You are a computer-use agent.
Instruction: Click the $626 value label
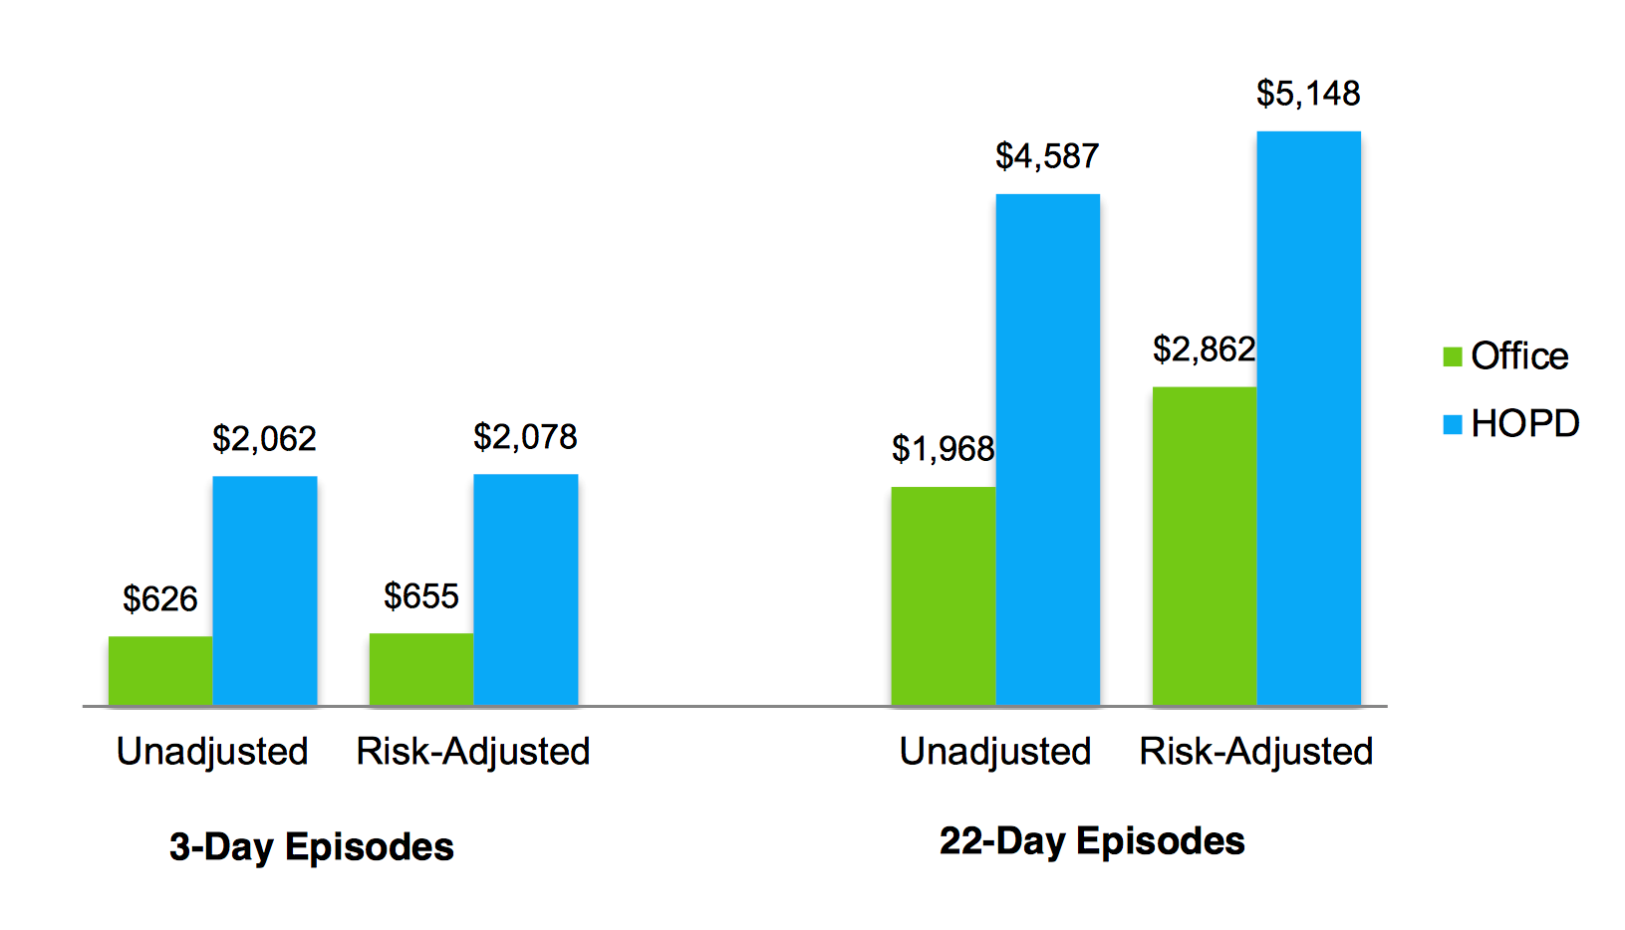pos(160,599)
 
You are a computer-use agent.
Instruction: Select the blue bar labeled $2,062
pos(265,590)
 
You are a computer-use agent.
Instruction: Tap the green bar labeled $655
pos(421,669)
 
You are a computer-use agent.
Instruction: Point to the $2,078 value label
pos(525,437)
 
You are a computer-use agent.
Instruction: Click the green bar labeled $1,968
pos(944,595)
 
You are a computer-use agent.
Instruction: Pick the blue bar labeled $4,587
pos(1048,449)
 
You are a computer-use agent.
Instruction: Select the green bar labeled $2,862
pos(1205,546)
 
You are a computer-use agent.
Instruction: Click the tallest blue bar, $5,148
pos(1308,418)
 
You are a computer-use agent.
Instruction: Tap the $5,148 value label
pos(1308,94)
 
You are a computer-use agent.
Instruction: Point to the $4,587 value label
pos(1047,156)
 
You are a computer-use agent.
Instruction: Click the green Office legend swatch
pos(1453,356)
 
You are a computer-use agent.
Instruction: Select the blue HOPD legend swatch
pos(1453,425)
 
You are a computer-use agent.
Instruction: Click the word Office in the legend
pos(1519,356)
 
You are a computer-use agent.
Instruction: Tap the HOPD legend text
pos(1525,424)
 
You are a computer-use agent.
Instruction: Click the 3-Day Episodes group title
pos(312,847)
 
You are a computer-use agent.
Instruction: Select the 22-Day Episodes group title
pos(1092,841)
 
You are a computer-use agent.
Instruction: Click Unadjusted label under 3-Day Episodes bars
pos(212,752)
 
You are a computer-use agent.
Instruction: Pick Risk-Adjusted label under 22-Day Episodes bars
pos(1256,752)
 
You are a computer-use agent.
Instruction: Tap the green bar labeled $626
pos(160,671)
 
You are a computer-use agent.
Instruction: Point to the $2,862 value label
pos(1204,349)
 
